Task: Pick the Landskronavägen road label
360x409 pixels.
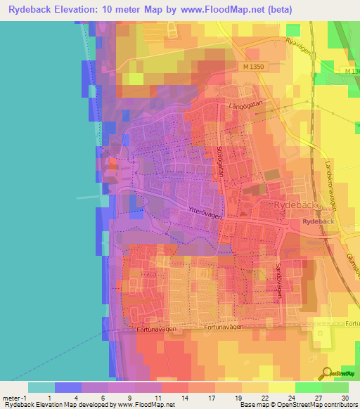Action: pyautogui.click(x=333, y=183)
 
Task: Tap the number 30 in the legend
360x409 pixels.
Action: pyautogui.click(x=344, y=397)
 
